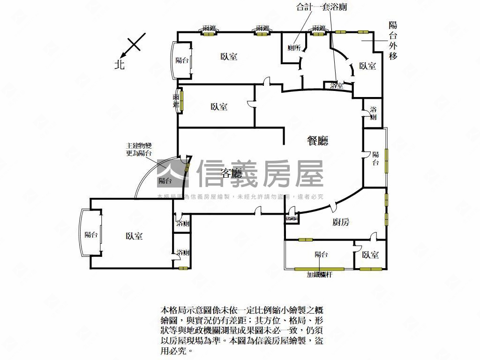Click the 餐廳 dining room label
317,141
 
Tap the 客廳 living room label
232,174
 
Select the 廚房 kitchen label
341,222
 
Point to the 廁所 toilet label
294,48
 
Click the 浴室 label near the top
337,86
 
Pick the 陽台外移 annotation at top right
393,40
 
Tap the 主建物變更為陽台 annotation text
139,149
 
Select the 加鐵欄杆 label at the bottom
320,275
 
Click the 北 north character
120,64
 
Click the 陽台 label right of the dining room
375,158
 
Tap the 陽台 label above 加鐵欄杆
321,255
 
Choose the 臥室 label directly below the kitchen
370,255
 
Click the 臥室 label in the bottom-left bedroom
134,236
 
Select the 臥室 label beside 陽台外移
367,66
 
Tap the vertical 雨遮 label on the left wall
176,101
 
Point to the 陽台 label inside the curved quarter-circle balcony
165,180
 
